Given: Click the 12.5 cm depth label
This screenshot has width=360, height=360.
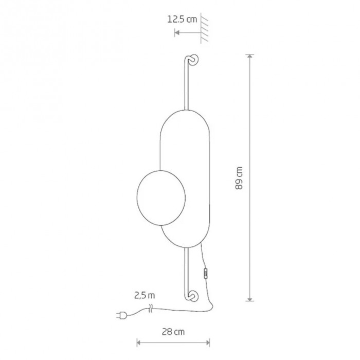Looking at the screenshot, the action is pos(182,20).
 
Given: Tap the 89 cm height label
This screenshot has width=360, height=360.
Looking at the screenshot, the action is pos(239,178).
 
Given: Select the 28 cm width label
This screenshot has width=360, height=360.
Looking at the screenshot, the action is pos(173,332).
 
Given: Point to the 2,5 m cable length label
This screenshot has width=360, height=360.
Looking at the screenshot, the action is pos(145,296).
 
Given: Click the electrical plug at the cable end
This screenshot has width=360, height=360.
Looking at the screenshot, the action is pos(121,315).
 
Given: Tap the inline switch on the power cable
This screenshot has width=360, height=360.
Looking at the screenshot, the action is pos(206,274).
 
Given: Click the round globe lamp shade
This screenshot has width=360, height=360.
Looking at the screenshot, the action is pos(161,198).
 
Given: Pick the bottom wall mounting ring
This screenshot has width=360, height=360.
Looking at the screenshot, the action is pos(193,296).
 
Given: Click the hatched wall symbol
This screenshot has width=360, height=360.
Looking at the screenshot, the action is pos(204,28).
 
